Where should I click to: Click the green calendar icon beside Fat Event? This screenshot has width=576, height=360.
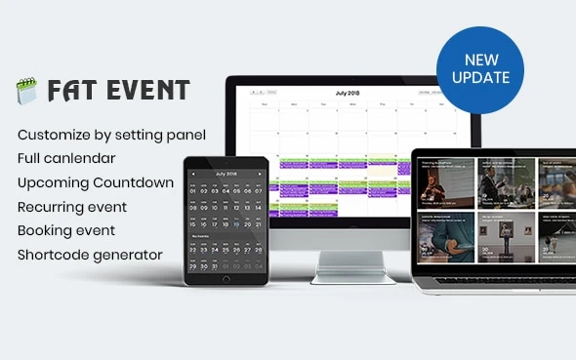click(x=25, y=92)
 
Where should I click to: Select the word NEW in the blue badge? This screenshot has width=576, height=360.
click(x=479, y=58)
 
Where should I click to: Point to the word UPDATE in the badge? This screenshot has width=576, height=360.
click(x=480, y=77)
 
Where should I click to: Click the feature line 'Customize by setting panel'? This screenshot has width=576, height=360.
click(x=111, y=134)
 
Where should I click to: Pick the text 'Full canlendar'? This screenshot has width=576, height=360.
click(x=66, y=157)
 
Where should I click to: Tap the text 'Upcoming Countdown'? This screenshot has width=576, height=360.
click(x=96, y=182)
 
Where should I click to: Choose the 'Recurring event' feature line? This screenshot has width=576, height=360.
click(x=72, y=207)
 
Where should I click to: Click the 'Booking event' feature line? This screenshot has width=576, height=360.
click(x=66, y=231)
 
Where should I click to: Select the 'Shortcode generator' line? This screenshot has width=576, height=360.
click(x=90, y=256)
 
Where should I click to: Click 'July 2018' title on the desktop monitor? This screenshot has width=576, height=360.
click(x=347, y=94)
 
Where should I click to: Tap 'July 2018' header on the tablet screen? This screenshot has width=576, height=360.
click(x=226, y=174)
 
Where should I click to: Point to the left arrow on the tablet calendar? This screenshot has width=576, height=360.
click(x=193, y=174)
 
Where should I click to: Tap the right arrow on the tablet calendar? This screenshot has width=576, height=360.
click(x=259, y=174)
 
